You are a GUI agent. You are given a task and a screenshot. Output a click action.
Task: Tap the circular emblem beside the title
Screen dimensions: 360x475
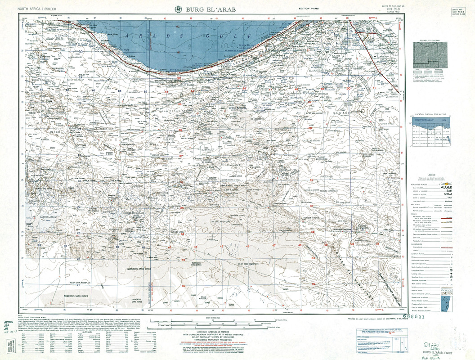(179, 9)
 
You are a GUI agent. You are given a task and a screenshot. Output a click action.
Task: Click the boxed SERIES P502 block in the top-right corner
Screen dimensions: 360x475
(458, 12)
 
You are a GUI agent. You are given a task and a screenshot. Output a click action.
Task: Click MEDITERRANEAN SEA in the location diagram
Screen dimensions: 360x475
(426, 121)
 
